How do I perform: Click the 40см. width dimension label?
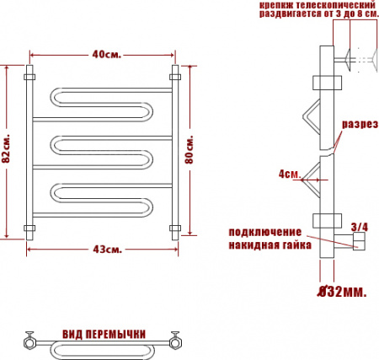[x=104, y=55]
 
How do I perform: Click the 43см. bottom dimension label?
[x=104, y=248]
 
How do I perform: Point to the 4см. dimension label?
[x=288, y=175]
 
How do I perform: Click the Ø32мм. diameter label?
[x=340, y=292]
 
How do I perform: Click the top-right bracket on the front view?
[x=175, y=77]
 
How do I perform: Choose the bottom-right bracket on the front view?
[x=175, y=228]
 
